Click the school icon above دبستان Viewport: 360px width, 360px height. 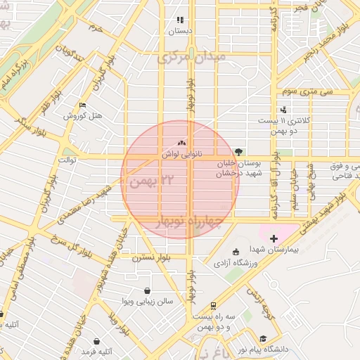click(x=180, y=20)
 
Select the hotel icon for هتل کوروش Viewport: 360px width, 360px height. click(x=83, y=105)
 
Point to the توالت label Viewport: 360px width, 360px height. click(x=67, y=160)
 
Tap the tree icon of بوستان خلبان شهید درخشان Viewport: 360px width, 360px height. click(x=238, y=151)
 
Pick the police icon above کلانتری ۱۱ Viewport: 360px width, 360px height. click(x=283, y=109)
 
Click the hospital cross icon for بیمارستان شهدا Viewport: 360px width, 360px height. click(x=274, y=239)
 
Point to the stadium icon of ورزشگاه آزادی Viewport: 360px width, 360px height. click(x=236, y=252)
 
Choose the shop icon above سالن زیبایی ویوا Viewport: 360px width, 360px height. click(x=147, y=290)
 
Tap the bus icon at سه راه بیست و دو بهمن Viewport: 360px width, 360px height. click(x=213, y=306)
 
